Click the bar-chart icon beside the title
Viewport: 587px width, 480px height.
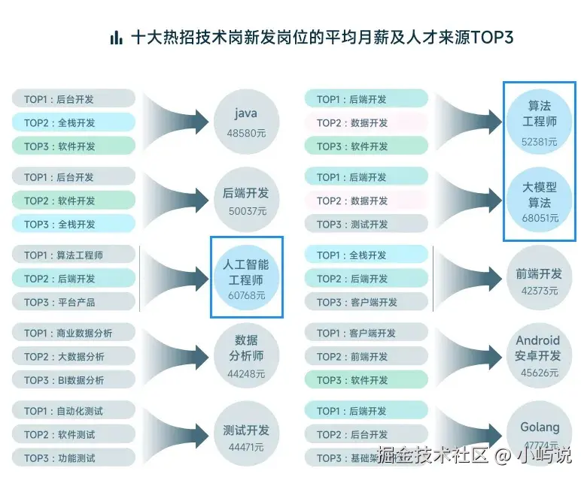click(x=116, y=38)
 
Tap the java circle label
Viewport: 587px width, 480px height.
click(x=246, y=113)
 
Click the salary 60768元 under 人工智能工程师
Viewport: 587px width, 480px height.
click(x=246, y=295)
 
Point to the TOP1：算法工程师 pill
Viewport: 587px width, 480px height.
click(x=74, y=255)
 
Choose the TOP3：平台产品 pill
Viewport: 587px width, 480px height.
click(x=74, y=302)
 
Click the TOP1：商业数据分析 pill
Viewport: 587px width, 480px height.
click(x=74, y=333)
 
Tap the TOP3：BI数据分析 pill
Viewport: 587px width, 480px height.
click(x=74, y=380)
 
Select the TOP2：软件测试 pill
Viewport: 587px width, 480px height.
click(x=74, y=434)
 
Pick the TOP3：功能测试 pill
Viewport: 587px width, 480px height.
click(x=74, y=457)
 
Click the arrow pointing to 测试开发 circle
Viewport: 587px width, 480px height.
click(x=177, y=431)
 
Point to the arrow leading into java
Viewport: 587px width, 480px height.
click(x=177, y=120)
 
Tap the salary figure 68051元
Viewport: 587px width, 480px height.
click(x=540, y=218)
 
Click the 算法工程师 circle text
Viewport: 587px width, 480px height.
click(x=540, y=113)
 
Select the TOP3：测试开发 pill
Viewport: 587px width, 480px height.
click(x=366, y=224)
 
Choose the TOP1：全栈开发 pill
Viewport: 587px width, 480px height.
click(x=366, y=255)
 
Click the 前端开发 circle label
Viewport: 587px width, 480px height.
click(x=539, y=274)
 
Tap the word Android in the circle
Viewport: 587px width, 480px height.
click(x=538, y=340)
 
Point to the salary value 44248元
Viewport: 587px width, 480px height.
click(x=246, y=373)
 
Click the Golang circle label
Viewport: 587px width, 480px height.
click(x=540, y=427)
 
